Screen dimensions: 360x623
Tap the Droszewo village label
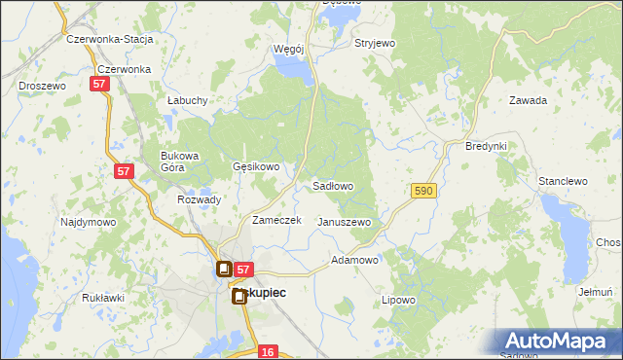pyautogui.click(x=42, y=86)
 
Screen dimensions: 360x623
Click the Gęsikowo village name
pyautogui.click(x=256, y=166)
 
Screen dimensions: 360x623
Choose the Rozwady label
pyautogui.click(x=200, y=199)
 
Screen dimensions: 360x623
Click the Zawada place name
pyautogui.click(x=529, y=100)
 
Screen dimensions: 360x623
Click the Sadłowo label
pyautogui.click(x=332, y=185)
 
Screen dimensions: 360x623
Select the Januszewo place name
pyautogui.click(x=345, y=222)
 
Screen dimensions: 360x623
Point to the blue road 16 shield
pyautogui.click(x=270, y=351)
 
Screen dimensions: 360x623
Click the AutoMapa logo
pyautogui.click(x=557, y=342)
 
